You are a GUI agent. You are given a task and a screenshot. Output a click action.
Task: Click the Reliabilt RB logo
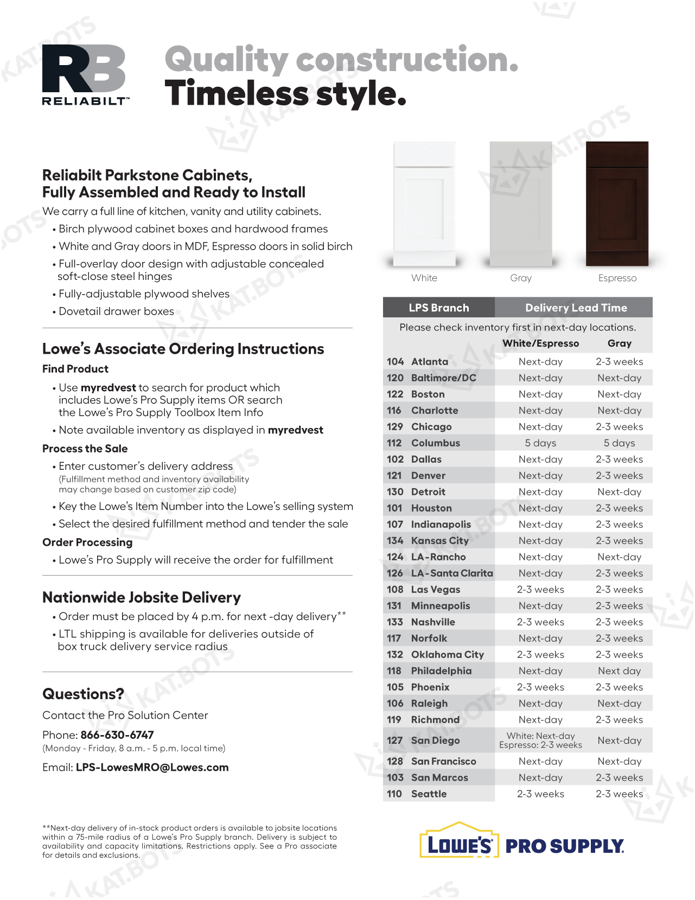[85, 74]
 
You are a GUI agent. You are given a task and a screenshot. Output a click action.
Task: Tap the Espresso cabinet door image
[617, 203]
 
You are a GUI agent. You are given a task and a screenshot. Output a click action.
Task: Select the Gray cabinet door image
[521, 203]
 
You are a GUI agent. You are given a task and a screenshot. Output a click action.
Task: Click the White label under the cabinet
[424, 278]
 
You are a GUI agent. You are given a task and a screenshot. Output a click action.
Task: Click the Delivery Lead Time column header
[576, 308]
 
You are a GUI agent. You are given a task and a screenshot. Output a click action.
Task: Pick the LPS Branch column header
[438, 308]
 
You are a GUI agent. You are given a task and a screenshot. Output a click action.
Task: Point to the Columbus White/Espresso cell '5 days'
[540, 443]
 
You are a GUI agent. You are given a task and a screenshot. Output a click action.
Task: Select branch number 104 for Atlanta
[395, 362]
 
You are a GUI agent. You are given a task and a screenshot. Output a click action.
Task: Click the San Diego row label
[435, 741]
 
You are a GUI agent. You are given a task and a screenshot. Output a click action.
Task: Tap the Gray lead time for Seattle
[619, 794]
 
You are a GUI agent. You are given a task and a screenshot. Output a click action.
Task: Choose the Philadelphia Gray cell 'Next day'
[619, 671]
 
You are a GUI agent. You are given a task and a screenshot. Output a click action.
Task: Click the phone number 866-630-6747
[117, 735]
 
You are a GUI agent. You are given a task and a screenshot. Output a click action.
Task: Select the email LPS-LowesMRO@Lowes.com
[152, 768]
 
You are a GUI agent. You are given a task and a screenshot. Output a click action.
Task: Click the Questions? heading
[83, 694]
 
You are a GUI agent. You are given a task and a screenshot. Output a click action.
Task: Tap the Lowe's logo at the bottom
[459, 844]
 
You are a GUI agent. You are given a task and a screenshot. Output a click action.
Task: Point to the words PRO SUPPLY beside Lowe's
[564, 846]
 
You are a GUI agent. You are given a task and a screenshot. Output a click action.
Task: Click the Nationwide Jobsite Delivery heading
[142, 597]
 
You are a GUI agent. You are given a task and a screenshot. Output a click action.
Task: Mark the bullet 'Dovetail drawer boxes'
[116, 311]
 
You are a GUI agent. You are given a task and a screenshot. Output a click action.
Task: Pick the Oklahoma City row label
[447, 655]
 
